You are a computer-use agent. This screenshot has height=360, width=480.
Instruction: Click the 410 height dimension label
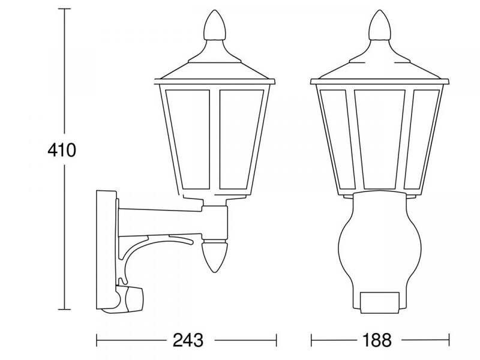pos(61,150)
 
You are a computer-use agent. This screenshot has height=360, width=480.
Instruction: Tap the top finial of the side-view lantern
pos(215,25)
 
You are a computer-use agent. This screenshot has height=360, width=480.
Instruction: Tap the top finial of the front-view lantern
pos(380,25)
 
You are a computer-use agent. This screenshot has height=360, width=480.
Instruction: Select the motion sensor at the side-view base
pos(127,298)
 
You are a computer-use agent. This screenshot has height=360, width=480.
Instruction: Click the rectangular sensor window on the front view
pos(380,302)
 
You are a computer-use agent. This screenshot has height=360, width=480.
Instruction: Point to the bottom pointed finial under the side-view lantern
pos(215,256)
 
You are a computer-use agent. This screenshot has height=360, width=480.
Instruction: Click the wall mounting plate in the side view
pos(106,249)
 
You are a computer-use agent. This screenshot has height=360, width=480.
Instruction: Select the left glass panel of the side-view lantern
pos(188,139)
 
